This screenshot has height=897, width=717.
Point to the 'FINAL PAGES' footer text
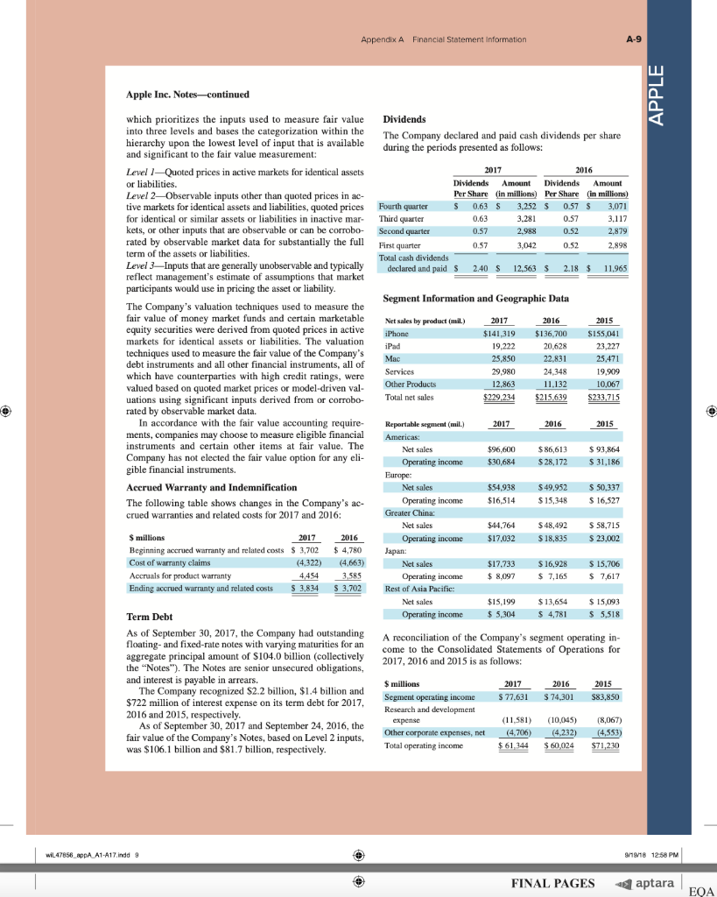pyautogui.click(x=552, y=882)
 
